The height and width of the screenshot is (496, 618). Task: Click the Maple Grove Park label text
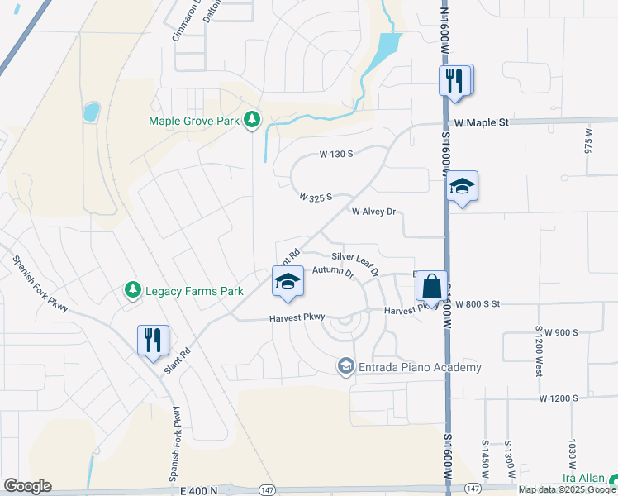[194, 122]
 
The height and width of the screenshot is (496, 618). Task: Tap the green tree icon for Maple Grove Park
[252, 122]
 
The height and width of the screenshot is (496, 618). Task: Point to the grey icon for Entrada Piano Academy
[346, 366]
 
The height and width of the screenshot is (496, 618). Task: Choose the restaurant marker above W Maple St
[454, 81]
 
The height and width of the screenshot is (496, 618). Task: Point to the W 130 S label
[336, 154]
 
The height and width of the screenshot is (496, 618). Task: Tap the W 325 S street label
[316, 198]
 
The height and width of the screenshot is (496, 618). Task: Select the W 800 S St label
[478, 304]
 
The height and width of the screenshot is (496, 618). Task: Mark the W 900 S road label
[554, 332]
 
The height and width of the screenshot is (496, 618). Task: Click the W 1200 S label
[559, 398]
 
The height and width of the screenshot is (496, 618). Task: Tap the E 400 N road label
[198, 490]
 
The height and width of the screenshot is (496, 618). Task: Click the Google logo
[27, 486]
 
